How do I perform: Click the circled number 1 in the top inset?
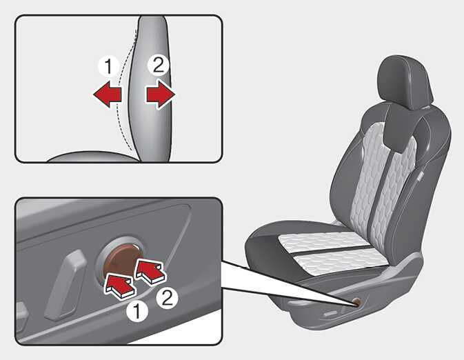(x=108, y=67)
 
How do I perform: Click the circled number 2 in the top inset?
(x=159, y=65)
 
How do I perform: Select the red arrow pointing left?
(x=108, y=94)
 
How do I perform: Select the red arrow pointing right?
(x=161, y=94)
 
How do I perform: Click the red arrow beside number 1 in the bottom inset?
(x=119, y=285)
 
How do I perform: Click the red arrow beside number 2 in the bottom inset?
(x=150, y=271)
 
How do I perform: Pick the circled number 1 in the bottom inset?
(x=137, y=312)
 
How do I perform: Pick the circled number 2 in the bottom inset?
(x=168, y=298)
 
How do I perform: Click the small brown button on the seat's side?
(x=357, y=301)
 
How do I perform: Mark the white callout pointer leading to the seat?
(x=284, y=281)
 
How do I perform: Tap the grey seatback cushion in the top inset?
(x=151, y=89)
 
